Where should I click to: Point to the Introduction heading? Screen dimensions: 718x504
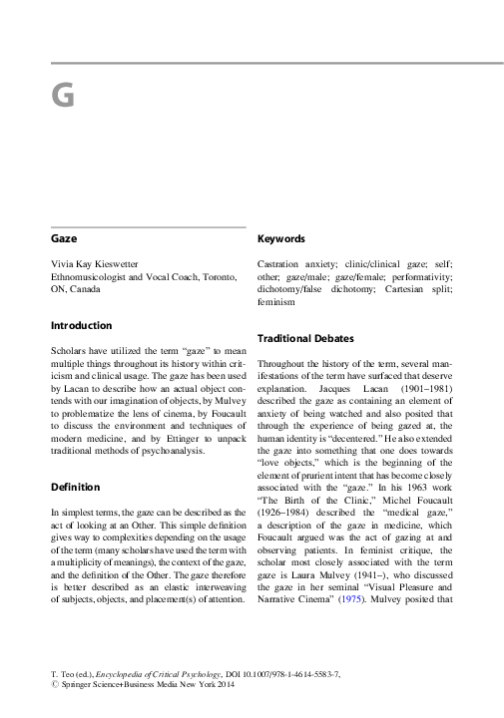click(82, 325)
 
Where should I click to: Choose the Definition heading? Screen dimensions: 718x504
click(75, 487)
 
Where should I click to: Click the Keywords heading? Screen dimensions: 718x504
click(281, 240)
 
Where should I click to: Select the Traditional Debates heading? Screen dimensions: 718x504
click(306, 338)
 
